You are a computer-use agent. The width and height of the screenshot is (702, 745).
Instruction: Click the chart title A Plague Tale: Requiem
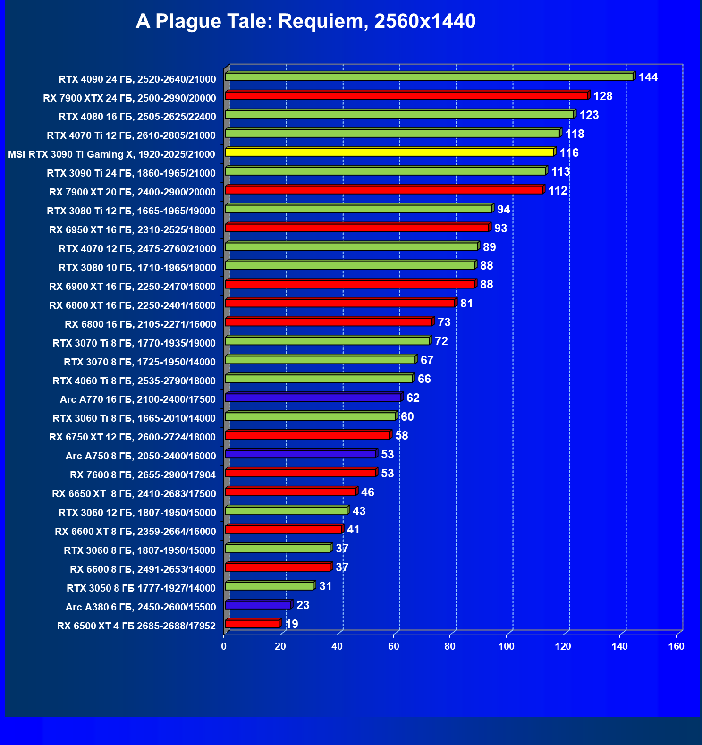tap(305, 21)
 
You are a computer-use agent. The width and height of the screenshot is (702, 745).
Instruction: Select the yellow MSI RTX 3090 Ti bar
tap(390, 152)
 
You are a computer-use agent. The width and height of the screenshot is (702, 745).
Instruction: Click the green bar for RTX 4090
tap(429, 77)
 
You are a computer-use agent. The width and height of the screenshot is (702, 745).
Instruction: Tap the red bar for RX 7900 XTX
tap(406, 96)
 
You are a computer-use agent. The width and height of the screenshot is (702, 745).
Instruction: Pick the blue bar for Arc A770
tap(313, 398)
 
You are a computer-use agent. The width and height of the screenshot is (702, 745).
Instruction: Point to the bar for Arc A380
tap(258, 605)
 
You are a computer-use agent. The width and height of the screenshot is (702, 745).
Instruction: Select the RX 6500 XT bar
tap(252, 624)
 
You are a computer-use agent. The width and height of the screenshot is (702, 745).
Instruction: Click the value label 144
tap(648, 77)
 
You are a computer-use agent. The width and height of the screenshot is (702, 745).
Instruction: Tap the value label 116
tap(569, 153)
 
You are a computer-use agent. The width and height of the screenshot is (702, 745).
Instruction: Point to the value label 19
tap(292, 624)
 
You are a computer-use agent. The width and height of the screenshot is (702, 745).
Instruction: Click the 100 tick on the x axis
tap(507, 646)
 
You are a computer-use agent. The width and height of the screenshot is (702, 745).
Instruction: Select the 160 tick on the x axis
tap(676, 646)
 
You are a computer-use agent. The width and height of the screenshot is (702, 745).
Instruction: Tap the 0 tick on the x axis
tap(224, 646)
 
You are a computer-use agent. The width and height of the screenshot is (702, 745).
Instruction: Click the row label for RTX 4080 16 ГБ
tap(137, 117)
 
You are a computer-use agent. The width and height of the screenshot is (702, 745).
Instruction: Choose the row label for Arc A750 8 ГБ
tap(141, 456)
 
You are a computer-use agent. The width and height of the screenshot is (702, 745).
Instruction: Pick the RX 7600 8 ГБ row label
tap(143, 475)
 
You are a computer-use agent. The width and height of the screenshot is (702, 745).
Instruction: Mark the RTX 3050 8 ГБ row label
tap(141, 588)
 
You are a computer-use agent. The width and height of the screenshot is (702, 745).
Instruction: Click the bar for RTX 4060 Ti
tap(319, 379)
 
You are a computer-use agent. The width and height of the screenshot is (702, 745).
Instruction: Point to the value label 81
tap(466, 304)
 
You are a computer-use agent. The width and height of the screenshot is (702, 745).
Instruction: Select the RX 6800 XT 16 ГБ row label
tap(132, 305)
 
